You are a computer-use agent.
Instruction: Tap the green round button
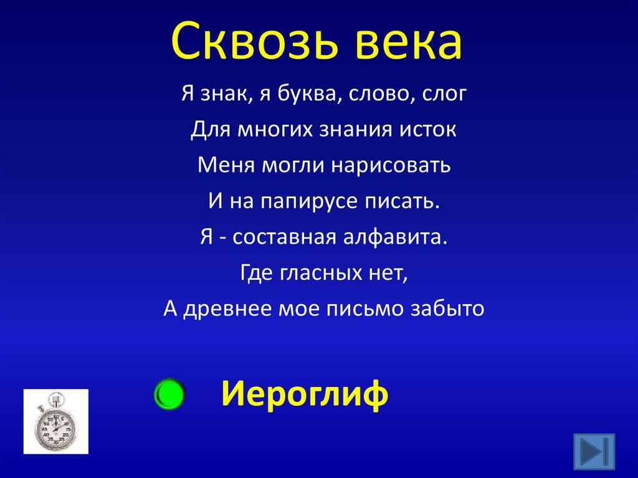click(168, 394)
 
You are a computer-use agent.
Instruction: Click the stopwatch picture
click(55, 421)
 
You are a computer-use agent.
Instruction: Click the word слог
click(445, 95)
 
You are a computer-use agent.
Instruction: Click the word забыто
click(447, 309)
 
